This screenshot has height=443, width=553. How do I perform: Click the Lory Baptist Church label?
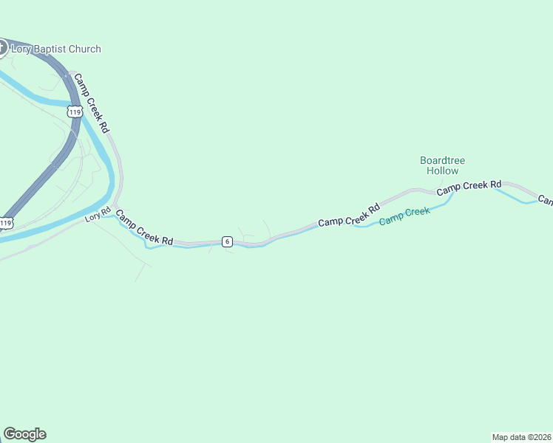(55, 49)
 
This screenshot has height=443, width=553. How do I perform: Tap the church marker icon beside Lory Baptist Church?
(1, 48)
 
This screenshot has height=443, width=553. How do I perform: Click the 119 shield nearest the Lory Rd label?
(6, 222)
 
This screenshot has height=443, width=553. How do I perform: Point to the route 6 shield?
(227, 241)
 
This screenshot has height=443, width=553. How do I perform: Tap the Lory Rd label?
(97, 216)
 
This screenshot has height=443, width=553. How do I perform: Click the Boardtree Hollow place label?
(442, 165)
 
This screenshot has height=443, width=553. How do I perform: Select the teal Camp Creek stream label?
(404, 216)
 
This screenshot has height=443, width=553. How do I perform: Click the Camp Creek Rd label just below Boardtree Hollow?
(469, 188)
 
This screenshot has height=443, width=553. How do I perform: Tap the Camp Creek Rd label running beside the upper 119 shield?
(92, 103)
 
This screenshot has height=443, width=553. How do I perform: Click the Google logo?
(24, 434)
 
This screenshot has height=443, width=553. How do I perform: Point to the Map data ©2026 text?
(521, 436)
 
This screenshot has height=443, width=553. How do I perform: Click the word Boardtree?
(442, 160)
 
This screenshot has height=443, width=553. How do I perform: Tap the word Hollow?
(442, 171)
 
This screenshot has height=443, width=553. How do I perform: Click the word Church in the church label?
(86, 49)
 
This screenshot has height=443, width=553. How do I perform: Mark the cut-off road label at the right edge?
(546, 199)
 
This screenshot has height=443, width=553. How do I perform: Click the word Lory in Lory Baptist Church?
(21, 49)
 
